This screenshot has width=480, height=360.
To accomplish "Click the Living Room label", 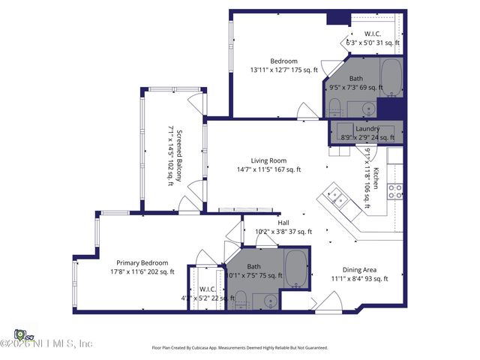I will pyautogui.click(x=268, y=160).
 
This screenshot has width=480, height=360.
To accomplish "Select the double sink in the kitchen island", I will pyautogui.click(x=336, y=198).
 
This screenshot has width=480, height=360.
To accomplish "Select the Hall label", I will pyautogui.click(x=283, y=223).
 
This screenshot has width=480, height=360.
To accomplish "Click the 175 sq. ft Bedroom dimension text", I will pyautogui.click(x=284, y=70).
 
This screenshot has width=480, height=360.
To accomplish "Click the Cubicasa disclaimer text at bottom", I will pyautogui.click(x=240, y=348).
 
